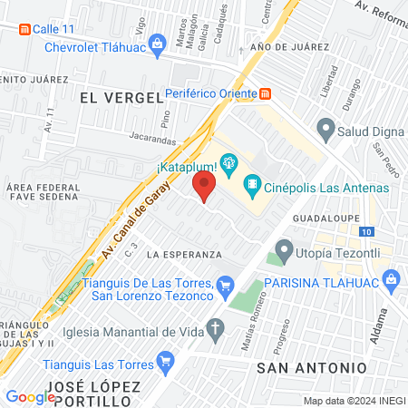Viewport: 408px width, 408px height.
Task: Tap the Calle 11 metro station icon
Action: tap(24, 29)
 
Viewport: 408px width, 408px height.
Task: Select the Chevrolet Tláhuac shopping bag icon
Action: tap(157, 43)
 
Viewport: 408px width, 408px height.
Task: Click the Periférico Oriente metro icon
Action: tap(265, 93)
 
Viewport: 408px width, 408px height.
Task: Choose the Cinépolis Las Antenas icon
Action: tap(254, 189)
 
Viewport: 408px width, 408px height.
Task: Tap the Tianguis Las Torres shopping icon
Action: tap(164, 364)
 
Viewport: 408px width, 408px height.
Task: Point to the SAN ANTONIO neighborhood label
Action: tap(312, 367)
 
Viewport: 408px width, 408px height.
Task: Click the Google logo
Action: tap(30, 396)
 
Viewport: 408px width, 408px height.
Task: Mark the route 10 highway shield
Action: tap(364, 231)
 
